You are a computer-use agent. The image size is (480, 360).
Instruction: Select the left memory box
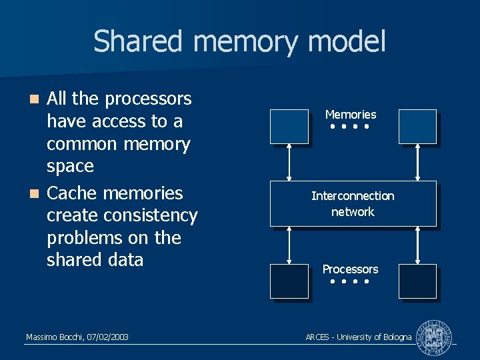tap(289, 126)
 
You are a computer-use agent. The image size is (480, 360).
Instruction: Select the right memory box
tap(417, 126)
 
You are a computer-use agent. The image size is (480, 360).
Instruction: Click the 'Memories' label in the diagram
tap(351, 115)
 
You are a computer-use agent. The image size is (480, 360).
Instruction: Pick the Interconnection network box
tap(353, 203)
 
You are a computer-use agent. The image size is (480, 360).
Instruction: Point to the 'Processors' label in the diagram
tap(350, 269)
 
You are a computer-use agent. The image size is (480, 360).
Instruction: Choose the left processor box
tap(289, 281)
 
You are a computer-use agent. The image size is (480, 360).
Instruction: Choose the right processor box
tap(417, 281)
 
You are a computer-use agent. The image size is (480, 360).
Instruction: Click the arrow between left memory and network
tap(289, 162)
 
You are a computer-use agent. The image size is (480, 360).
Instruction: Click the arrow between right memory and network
tap(417, 162)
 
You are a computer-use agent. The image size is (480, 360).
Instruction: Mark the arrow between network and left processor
tap(289, 245)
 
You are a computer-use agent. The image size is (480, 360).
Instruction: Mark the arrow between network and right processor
tap(417, 245)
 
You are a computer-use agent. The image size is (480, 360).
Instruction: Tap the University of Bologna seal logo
tap(433, 337)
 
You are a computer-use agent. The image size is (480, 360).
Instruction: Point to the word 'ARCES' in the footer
tap(317, 337)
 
